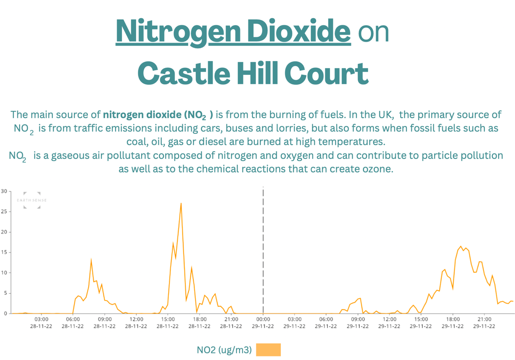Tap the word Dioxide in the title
299,31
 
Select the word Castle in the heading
184,73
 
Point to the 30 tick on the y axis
4,191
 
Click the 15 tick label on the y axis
4,252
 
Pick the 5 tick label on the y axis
5,293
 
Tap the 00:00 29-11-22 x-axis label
263,323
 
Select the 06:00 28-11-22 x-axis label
73,323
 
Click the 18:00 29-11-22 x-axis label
452,323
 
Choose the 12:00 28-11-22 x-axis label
136,323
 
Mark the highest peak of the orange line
181,203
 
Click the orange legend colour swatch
268,349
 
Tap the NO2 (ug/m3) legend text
224,350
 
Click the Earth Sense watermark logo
32,200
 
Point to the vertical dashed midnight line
263,250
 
